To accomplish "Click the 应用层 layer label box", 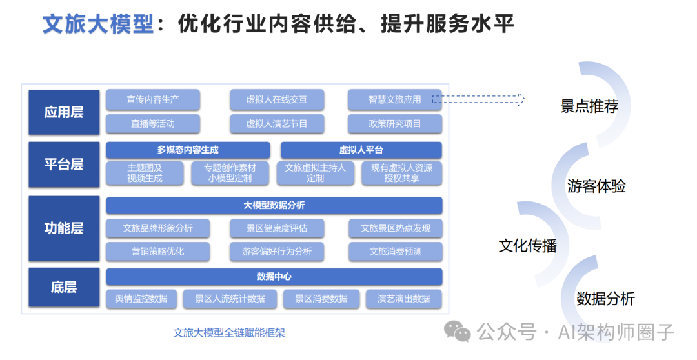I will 64,112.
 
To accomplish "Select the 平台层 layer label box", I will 64,164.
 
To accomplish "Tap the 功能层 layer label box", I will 64,228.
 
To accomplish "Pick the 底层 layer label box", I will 64,287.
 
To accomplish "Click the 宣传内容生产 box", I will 153,99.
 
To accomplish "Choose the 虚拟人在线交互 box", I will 277,99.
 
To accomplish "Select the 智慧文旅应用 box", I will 394,99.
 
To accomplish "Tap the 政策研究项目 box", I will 395,123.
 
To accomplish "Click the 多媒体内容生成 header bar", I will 188,150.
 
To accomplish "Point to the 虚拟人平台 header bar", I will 361,150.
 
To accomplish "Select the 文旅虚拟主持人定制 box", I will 316,173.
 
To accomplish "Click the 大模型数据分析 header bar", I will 274,205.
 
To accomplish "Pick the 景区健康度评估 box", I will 277,228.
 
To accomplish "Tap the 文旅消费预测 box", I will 395,252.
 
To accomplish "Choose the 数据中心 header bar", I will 274,276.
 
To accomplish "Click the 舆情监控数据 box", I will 141,299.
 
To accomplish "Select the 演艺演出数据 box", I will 404,299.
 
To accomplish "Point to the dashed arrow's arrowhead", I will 521,99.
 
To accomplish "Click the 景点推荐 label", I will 589,106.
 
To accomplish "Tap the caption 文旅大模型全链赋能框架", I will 229,333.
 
